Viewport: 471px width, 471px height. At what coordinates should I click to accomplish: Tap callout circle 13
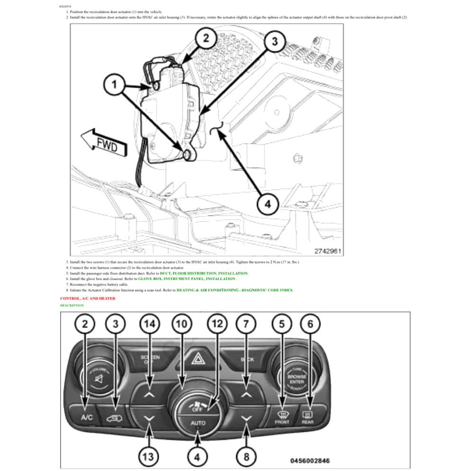coord(148,456)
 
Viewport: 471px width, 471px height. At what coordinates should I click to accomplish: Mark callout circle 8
coord(246,456)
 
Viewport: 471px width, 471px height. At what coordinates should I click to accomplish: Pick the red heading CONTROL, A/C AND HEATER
coord(88,298)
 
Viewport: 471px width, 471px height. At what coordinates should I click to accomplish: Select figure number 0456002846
coord(310,460)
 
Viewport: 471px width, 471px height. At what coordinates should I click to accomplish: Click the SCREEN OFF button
coord(150,359)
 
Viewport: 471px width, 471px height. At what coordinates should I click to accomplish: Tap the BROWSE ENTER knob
coord(296,377)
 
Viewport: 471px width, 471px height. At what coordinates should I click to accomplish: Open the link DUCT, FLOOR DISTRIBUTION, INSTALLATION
coord(204,274)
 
